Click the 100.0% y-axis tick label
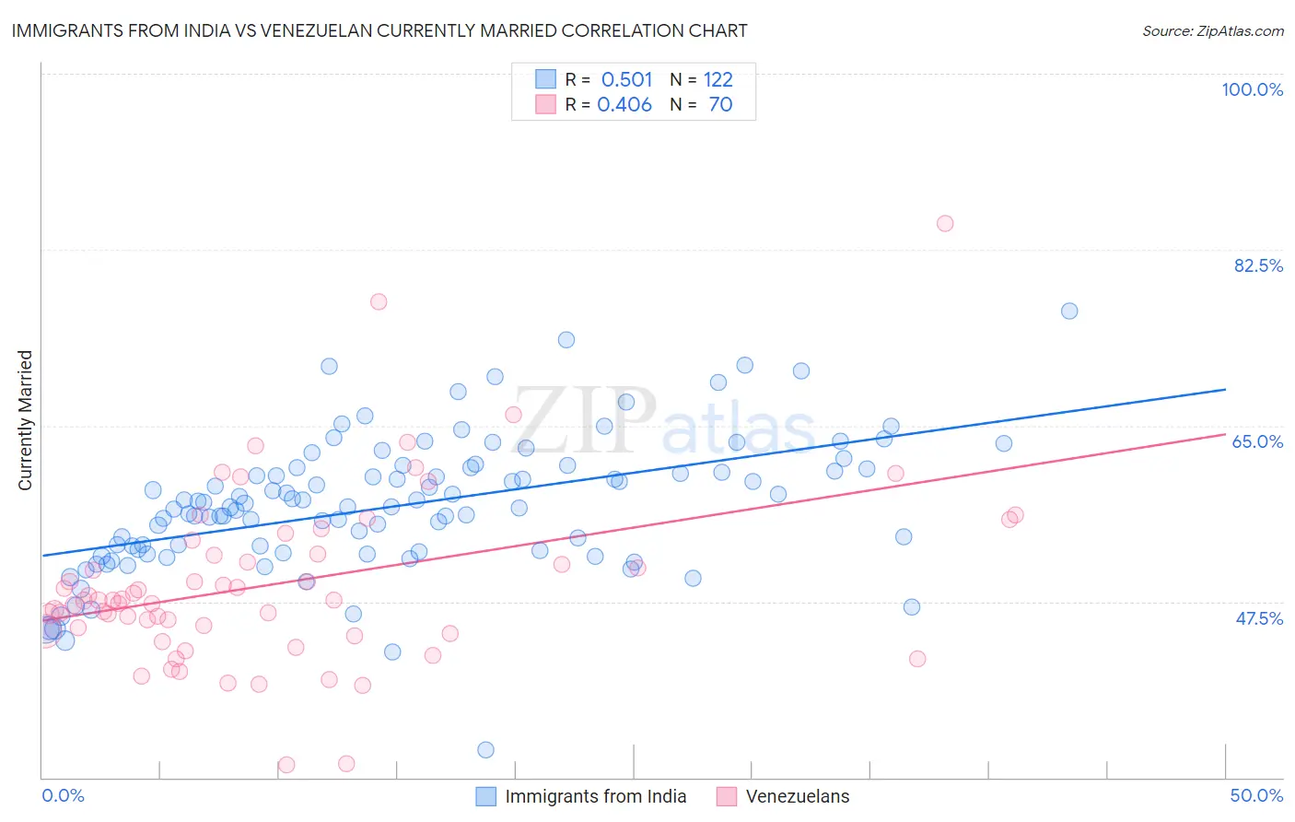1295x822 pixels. point(1252,89)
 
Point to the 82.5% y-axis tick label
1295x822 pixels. point(1258,265)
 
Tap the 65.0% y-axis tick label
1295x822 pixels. point(1257,441)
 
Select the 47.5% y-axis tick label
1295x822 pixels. point(1258,618)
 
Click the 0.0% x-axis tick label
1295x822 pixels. point(63,795)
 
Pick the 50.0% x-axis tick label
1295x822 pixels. point(1256,795)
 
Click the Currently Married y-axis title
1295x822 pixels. point(25,420)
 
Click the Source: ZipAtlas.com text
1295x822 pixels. point(1212,30)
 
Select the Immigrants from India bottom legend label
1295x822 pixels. point(595,796)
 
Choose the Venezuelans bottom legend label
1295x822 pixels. point(798,796)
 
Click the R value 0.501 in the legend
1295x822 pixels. point(626,79)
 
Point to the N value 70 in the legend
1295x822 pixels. point(720,104)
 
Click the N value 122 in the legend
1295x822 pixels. point(717,79)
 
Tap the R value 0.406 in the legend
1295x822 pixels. point(624,104)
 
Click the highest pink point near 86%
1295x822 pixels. point(945,223)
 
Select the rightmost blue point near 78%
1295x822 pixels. point(1069,311)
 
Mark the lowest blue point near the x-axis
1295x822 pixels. point(485,749)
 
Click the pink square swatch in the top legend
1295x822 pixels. point(545,104)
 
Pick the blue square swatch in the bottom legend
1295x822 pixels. point(486,796)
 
